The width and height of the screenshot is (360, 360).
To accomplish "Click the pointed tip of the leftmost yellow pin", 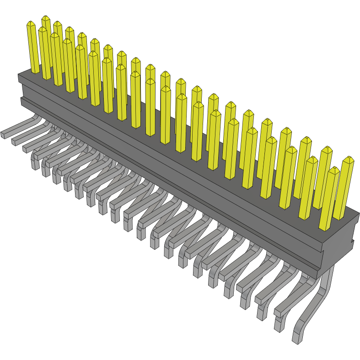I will (31, 23).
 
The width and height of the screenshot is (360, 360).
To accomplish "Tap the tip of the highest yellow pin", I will (46, 18).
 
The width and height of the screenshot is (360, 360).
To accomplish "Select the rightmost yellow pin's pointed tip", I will (349, 158).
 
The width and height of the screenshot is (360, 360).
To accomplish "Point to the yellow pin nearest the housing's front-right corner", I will (328, 201).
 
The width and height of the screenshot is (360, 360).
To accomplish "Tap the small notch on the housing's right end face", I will (352, 241).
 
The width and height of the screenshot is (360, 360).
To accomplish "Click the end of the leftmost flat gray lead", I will (3, 135).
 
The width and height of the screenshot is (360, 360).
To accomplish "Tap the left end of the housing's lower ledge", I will (21, 102).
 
